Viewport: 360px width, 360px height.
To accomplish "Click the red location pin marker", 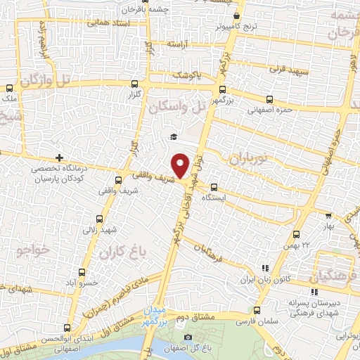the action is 182,165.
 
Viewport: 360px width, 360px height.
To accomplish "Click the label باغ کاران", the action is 120,250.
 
